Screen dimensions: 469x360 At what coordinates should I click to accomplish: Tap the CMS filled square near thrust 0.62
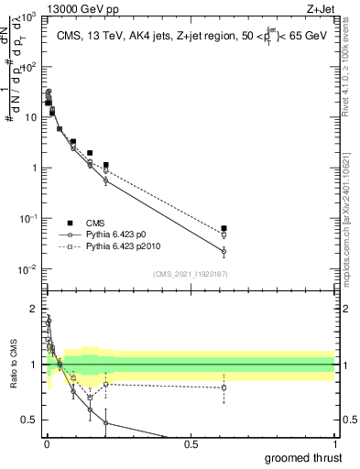coord(224,228)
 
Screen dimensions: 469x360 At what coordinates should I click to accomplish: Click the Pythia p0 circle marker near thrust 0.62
coord(224,251)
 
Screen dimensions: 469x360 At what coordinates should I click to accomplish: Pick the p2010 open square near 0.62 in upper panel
coord(224,234)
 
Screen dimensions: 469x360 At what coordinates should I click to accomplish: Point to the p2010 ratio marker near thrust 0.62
coord(224,387)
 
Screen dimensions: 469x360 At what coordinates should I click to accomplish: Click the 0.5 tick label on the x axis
coord(191,443)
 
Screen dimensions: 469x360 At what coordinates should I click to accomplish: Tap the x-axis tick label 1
coord(333,443)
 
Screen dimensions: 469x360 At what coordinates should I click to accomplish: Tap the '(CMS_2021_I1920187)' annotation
coord(189,273)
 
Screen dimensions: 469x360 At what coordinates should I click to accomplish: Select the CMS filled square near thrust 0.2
coord(106,165)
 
